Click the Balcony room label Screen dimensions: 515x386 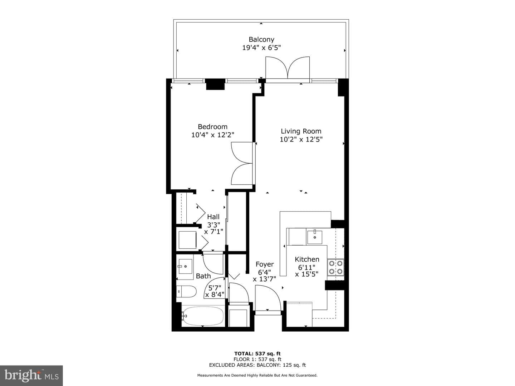261,39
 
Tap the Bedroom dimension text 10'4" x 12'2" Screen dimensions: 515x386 213,135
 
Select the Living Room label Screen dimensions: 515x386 301,131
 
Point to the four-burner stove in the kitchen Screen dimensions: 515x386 335,267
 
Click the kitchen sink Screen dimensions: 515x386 315,237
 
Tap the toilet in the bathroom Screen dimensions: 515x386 186,291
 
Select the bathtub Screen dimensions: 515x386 203,316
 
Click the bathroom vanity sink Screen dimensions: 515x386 185,266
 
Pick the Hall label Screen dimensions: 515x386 213,217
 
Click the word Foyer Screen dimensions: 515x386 265,264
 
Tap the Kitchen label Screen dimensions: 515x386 307,259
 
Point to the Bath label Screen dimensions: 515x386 203,276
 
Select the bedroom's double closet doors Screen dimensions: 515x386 242,163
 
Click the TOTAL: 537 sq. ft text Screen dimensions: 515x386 257,354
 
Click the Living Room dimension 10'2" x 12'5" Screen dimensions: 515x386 301,139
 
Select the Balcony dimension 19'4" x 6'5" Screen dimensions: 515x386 261,48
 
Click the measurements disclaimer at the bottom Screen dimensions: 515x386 257,375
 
